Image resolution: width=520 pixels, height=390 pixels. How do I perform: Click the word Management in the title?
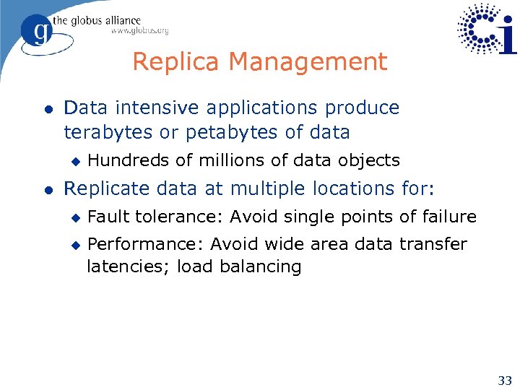tap(308, 62)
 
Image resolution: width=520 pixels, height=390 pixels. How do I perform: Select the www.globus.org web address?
tap(139, 31)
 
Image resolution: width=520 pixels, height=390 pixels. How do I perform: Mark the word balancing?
tap(263, 266)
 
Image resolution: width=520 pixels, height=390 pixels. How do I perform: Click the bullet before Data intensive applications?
tap(47, 109)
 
